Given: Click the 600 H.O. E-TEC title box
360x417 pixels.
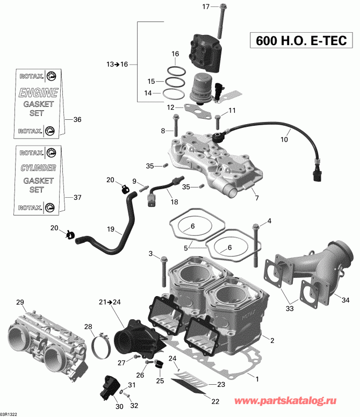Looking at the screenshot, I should click(x=297, y=41).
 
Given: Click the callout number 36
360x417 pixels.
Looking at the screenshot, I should click(x=77, y=120).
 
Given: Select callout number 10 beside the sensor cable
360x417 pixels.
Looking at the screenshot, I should click(x=284, y=139).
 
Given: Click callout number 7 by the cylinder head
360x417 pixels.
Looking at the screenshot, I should click(x=256, y=198).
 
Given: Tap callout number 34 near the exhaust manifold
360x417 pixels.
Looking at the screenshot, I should click(x=345, y=299).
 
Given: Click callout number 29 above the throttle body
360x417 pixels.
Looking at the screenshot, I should click(x=20, y=301).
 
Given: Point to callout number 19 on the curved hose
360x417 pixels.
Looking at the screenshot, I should click(x=110, y=229).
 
